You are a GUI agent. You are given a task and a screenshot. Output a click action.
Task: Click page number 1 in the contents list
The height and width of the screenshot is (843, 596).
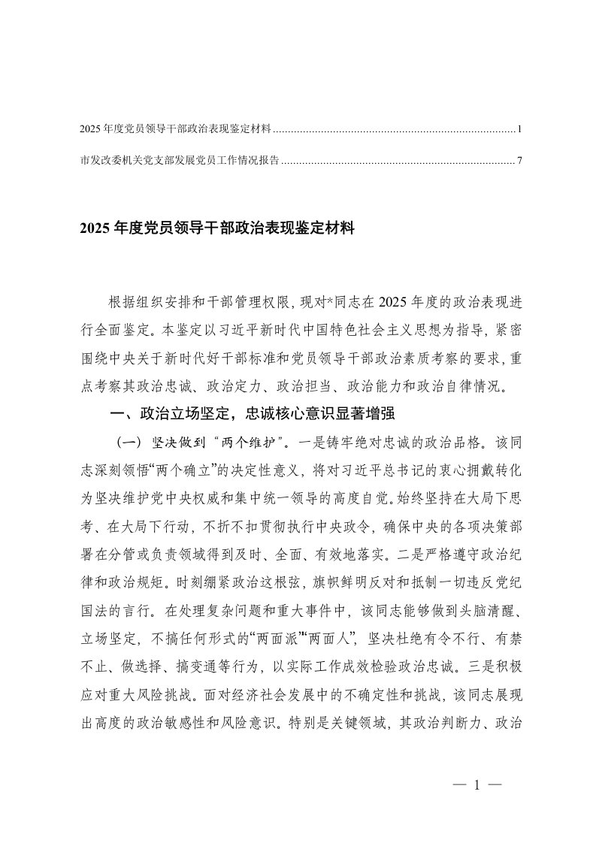(x=519, y=130)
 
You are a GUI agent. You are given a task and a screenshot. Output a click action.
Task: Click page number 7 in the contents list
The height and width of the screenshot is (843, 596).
(x=519, y=160)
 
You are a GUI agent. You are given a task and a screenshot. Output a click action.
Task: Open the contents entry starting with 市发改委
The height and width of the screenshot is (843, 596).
(x=180, y=160)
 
